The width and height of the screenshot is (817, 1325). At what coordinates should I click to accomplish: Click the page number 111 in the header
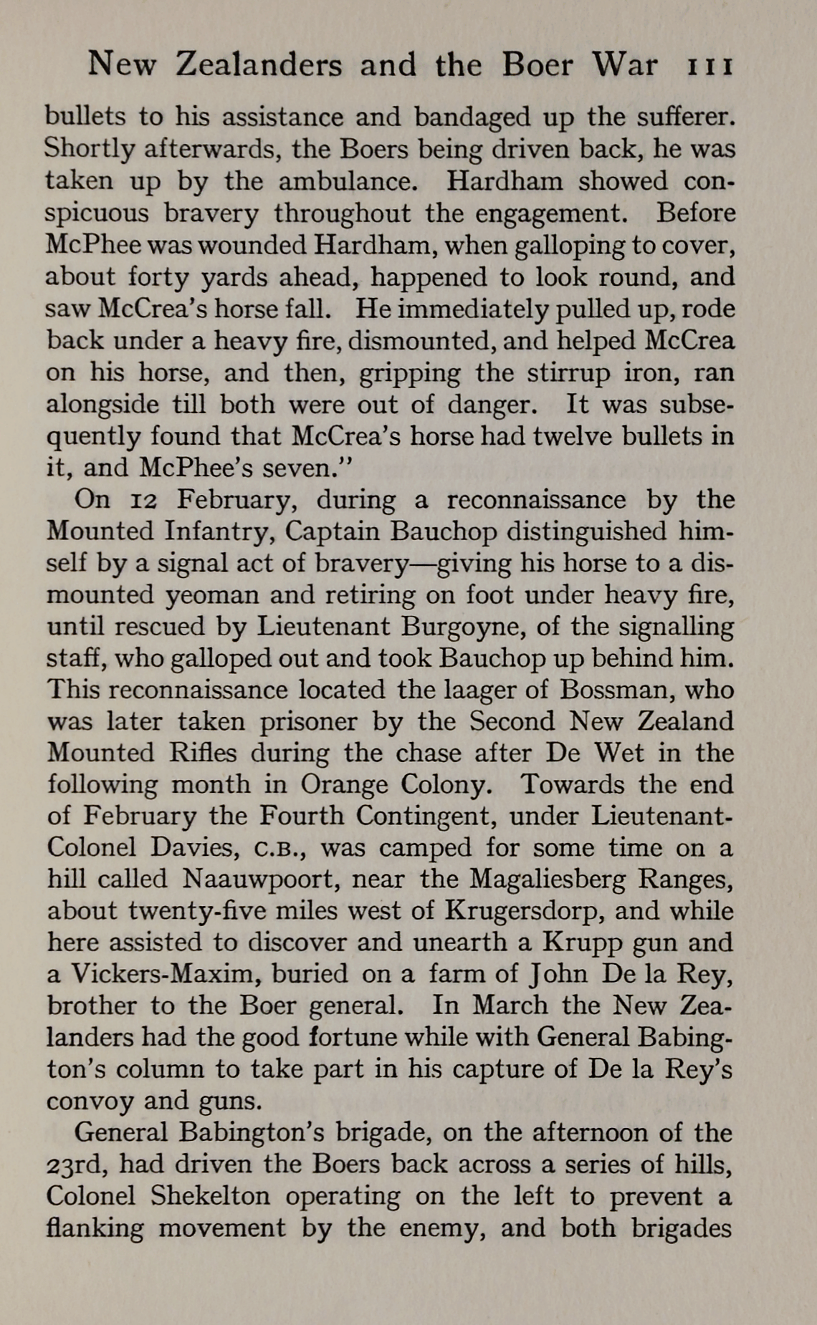[710, 66]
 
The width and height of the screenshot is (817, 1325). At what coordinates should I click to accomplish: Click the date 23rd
[77, 1164]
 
